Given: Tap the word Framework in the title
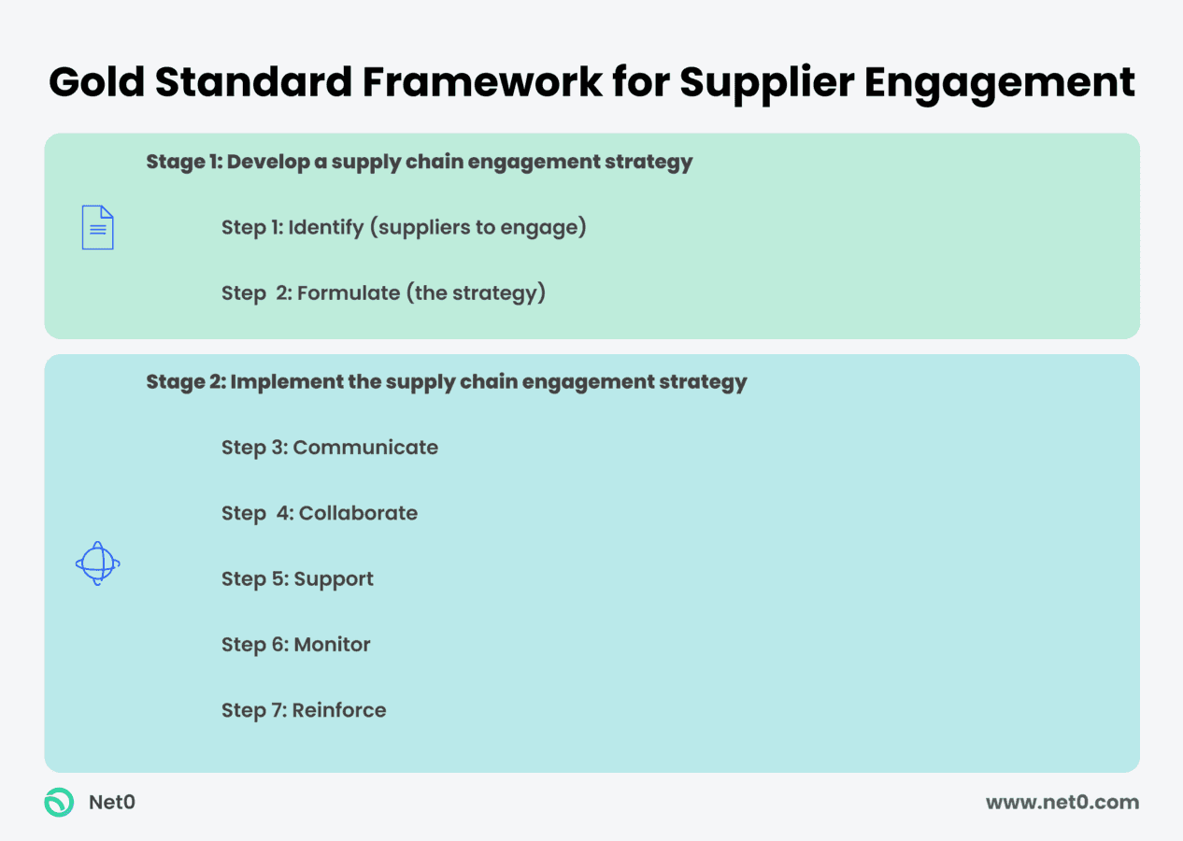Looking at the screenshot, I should [482, 82].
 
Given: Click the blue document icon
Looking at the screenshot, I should [97, 227].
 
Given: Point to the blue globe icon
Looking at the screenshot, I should [97, 563].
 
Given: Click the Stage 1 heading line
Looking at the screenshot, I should [419, 162].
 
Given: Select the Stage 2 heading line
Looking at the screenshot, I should [446, 381].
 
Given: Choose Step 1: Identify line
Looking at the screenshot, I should [404, 227].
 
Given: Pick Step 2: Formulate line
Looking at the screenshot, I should [383, 293].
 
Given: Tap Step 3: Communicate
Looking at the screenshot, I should [329, 448].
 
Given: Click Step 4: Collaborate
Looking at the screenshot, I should [319, 513].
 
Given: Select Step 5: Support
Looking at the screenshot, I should [297, 579].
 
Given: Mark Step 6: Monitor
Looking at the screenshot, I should [295, 645].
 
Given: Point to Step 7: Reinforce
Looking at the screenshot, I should [304, 710].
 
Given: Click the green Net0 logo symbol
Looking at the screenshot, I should [59, 802].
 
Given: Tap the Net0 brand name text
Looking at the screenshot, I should [111, 802].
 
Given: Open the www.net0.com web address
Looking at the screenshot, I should [1062, 802].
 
